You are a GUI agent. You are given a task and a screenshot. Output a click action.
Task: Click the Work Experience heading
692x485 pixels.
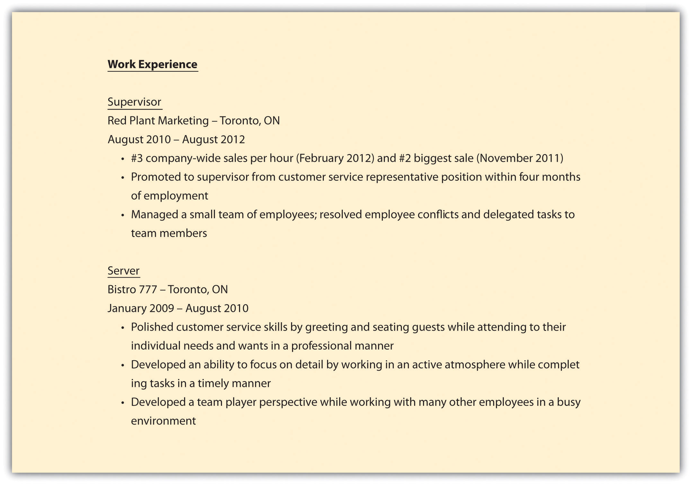152,64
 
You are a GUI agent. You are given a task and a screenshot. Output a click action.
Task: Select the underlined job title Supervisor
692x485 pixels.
134,102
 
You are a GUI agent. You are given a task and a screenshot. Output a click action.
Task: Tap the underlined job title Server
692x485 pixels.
123,271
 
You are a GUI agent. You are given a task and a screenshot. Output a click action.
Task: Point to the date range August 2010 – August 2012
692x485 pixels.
176,140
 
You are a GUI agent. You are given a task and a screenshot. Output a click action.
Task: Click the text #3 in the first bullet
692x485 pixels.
137,158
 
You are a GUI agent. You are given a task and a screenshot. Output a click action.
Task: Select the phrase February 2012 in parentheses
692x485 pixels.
335,158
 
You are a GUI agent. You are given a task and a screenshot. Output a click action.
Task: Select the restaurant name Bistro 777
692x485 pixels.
132,289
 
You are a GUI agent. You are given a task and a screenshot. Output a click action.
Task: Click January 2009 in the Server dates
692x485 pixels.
141,308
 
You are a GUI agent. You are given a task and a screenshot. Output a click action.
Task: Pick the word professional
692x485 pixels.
322,346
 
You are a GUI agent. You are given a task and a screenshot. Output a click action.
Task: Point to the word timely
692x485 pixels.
213,383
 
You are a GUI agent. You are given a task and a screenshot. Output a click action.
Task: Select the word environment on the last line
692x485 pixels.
163,421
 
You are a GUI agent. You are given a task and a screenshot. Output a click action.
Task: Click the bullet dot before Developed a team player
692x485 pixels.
122,403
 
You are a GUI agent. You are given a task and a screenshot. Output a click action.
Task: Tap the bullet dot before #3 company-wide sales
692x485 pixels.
122,159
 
